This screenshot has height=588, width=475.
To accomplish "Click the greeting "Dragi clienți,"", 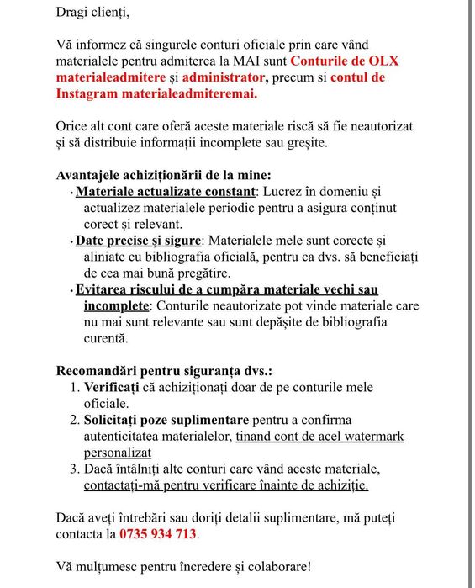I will (92, 13).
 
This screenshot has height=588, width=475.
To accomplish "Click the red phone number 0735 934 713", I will (159, 533).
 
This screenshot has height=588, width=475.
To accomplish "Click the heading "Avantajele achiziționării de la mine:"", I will (163, 175).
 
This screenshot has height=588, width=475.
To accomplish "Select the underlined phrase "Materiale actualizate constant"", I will (165, 191).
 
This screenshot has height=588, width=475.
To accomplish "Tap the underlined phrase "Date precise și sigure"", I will (140, 241).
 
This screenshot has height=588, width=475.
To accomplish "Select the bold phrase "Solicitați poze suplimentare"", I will (166, 420).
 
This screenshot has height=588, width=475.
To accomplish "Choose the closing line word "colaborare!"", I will (277, 566).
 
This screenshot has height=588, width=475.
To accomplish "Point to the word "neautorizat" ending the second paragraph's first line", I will (377, 126).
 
